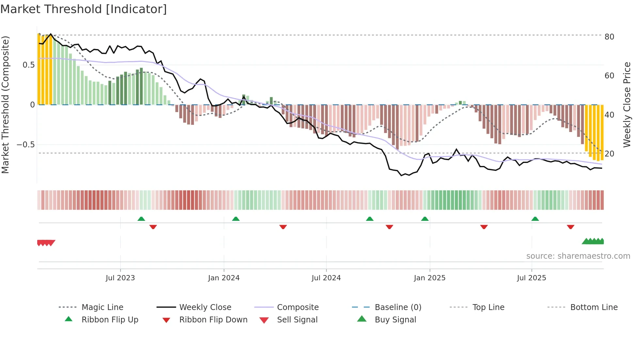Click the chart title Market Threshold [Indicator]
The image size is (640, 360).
click(84, 9)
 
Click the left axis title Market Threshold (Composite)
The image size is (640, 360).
click(5, 105)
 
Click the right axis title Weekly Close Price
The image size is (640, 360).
click(627, 105)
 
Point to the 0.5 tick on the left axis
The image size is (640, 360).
click(28, 65)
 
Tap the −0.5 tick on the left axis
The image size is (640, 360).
click(26, 144)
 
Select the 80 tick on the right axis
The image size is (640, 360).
click(609, 37)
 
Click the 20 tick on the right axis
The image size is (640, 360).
click(609, 154)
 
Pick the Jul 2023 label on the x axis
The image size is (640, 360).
click(120, 278)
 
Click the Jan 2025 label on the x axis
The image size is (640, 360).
click(429, 278)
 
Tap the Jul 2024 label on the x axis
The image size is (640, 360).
click(326, 278)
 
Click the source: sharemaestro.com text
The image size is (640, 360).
click(578, 256)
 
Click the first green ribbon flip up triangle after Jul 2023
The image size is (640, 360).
click(141, 219)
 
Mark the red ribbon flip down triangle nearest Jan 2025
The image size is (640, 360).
click(389, 227)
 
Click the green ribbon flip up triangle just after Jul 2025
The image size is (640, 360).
click(535, 219)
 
